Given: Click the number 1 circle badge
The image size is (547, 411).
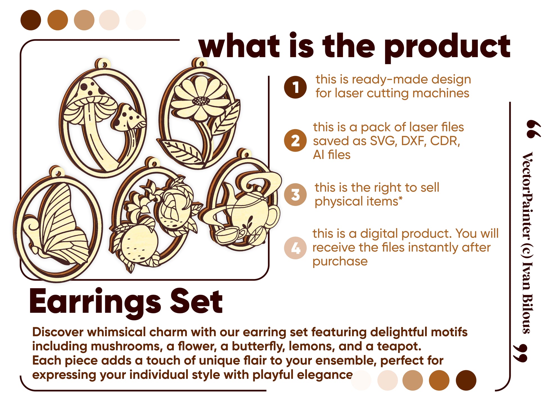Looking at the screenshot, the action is click(295, 87).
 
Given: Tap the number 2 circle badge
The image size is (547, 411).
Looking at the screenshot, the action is click(295, 140).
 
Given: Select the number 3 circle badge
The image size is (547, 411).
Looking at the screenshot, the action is click(295, 195).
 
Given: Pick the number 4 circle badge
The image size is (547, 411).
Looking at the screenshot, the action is click(295, 248).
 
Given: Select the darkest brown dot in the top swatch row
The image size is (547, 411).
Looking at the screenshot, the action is click(31, 20).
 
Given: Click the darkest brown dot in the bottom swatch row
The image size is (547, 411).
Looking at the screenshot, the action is click(466, 380).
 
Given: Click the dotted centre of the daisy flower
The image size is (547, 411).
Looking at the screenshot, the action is click(201, 100).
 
